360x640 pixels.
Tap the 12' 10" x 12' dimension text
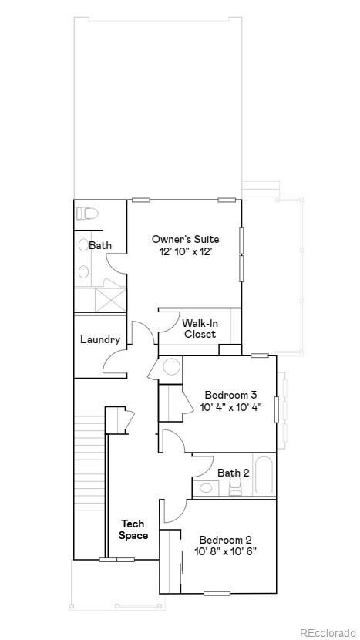pos(185,252)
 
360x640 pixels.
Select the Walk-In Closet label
pos(200,328)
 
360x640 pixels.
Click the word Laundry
pos(100,339)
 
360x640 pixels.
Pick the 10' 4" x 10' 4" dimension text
pos(230,407)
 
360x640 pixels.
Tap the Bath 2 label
pos(233,473)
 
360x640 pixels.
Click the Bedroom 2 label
pos(225,540)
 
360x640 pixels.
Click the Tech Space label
pos(133,530)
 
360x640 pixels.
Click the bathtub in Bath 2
pos(263,475)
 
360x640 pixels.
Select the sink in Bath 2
pos(206,487)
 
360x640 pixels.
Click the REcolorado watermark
pos(328,632)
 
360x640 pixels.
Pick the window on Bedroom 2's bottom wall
pos(219,593)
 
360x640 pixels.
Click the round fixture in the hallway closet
pos(171,367)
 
